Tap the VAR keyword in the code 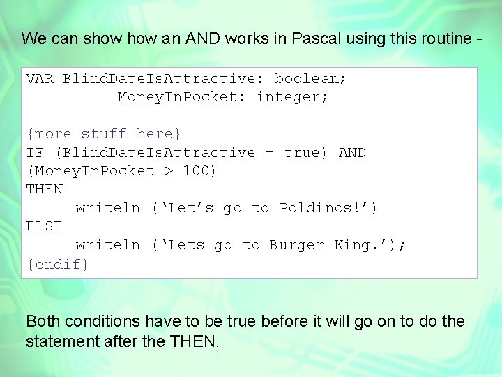[40, 78]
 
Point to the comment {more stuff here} [104, 133]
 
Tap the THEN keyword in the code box [44, 189]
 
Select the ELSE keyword [44, 226]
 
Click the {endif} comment [58, 264]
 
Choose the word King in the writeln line [352, 245]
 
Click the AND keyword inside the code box [352, 152]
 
